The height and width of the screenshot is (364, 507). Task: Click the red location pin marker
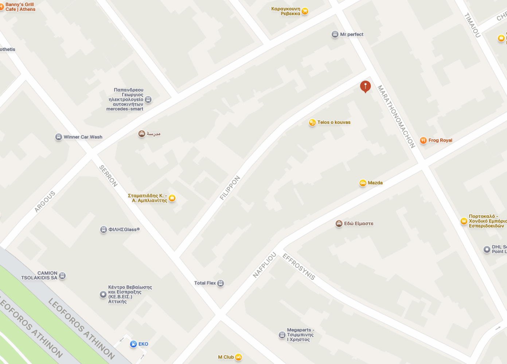coord(365,86)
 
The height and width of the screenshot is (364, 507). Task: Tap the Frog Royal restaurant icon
coord(423,140)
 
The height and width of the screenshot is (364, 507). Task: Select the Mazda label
coord(375,183)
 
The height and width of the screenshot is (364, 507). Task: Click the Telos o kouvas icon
coord(312,123)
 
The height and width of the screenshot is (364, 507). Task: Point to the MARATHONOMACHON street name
coord(396,117)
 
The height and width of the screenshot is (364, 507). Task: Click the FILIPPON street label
coord(230,188)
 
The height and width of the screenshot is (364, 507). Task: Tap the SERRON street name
coord(109,176)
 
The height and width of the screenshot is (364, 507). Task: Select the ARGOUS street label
coord(45,201)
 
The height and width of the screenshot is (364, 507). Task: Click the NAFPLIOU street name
coord(265,265)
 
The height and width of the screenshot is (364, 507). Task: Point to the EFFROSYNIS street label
coord(299,267)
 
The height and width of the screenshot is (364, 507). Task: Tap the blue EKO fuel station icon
coord(133,344)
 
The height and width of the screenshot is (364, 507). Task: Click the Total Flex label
coord(205,283)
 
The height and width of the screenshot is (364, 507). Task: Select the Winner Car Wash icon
coord(59,137)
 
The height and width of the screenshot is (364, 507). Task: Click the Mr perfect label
coord(352,34)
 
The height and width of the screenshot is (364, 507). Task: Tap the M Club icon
coord(238,357)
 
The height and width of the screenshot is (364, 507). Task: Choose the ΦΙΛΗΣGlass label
coord(124,229)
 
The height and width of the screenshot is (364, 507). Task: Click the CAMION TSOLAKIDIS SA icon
coord(62,276)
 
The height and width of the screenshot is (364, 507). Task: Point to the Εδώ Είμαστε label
coord(359,224)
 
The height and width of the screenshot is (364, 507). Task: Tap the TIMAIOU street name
coord(472,25)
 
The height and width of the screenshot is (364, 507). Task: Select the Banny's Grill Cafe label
coord(20,7)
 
